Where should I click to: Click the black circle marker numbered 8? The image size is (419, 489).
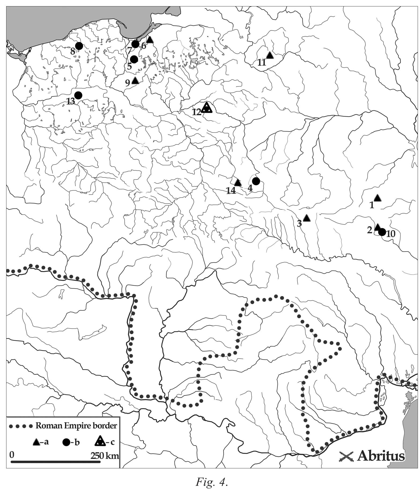click(x=79, y=46)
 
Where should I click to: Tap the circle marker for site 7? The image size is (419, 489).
click(x=135, y=44)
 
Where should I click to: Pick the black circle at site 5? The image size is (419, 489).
click(x=134, y=59)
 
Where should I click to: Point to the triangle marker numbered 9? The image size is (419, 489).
click(x=135, y=80)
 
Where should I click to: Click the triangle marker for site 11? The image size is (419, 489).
click(x=270, y=55)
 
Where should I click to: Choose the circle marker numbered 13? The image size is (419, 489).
click(x=78, y=95)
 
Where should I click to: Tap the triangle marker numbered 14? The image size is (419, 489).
click(x=238, y=183)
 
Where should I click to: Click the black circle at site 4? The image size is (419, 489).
click(x=256, y=181)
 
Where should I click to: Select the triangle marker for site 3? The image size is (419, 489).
click(x=307, y=218)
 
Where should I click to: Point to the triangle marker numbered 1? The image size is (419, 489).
click(x=377, y=198)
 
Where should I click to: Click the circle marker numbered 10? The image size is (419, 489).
click(x=382, y=232)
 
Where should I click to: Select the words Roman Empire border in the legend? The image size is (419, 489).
click(x=76, y=426)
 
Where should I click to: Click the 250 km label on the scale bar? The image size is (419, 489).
click(x=105, y=456)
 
